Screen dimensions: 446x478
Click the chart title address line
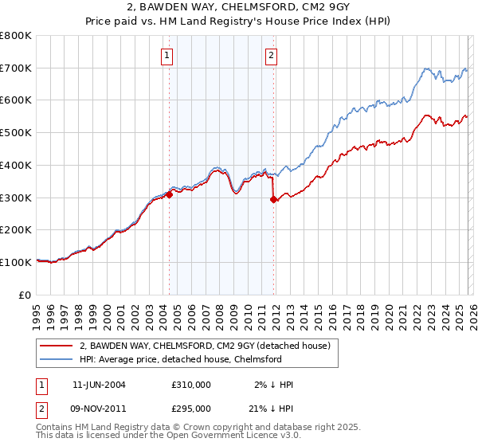(x=238, y=9)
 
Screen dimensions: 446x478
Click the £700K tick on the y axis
(x=16, y=68)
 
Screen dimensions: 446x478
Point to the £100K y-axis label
(x=16, y=262)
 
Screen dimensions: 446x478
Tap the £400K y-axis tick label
(x=16, y=166)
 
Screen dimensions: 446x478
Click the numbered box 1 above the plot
(x=168, y=55)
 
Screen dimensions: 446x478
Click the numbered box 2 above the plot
(x=272, y=55)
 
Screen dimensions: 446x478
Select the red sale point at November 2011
(x=273, y=199)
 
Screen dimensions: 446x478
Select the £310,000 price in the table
(x=191, y=385)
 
